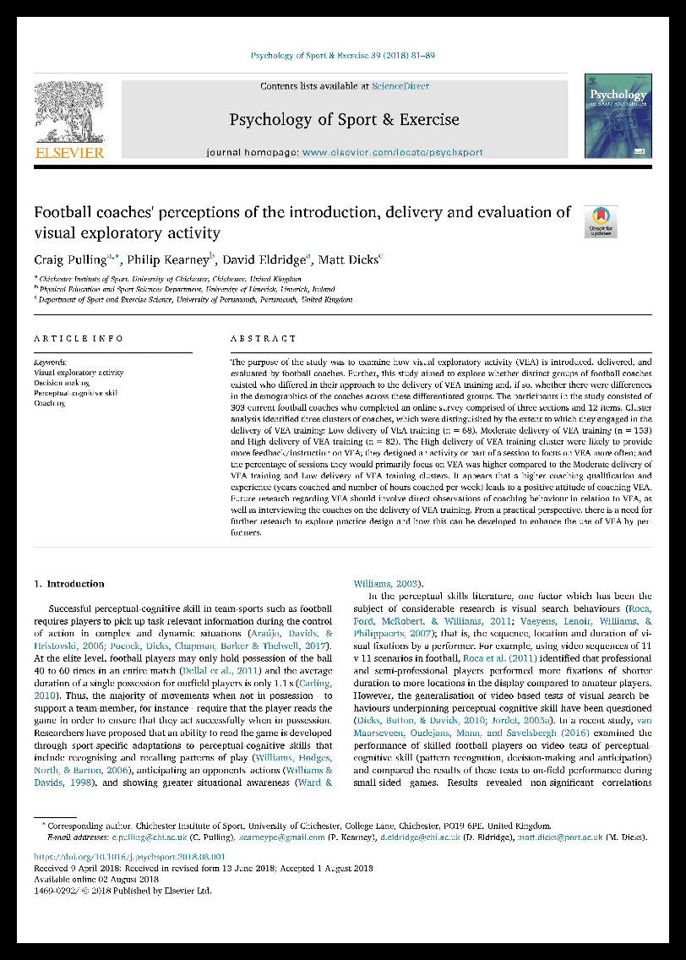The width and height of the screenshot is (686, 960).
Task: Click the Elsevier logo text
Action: point(69,152)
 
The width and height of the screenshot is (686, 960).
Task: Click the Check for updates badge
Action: point(602,221)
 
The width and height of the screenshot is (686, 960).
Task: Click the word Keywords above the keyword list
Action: point(50,362)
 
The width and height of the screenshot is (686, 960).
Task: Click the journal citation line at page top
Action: point(343,56)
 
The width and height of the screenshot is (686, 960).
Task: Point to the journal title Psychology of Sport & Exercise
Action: point(344,119)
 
